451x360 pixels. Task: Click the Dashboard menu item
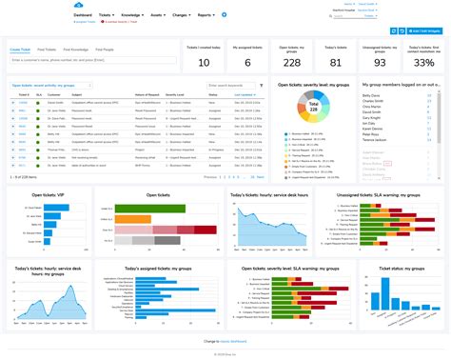pos(83,15)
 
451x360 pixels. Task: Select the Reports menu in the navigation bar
pos(205,15)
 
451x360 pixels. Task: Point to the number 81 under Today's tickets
pos(336,63)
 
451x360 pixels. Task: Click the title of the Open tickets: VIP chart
pos(48,194)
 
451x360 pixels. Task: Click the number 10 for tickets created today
pos(204,63)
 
